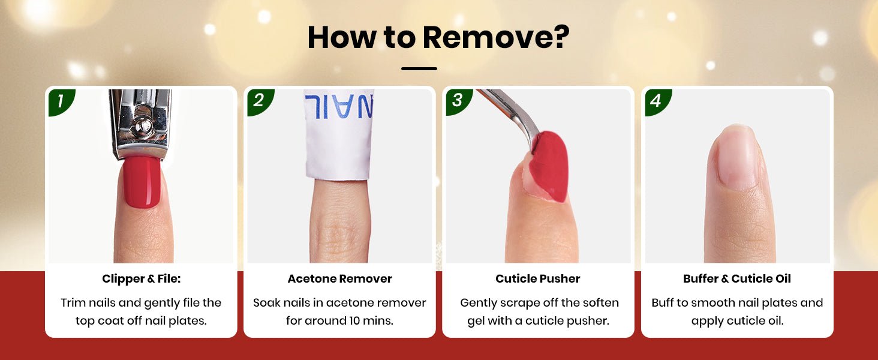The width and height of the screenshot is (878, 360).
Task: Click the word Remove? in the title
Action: click(496, 37)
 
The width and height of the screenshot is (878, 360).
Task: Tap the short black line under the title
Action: click(419, 68)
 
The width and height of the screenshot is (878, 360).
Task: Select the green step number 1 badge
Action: click(61, 101)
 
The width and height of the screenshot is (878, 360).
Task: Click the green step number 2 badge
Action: click(260, 101)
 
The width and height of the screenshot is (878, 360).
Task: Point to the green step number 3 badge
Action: click(458, 101)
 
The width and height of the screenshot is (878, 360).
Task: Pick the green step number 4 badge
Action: click(657, 101)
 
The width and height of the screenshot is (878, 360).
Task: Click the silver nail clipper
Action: click(141, 124)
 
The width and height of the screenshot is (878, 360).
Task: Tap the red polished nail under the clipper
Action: click(142, 181)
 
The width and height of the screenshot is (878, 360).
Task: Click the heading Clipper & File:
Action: click(141, 279)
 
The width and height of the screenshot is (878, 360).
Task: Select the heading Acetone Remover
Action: click(339, 279)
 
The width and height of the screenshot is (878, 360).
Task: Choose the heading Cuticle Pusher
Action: click(538, 279)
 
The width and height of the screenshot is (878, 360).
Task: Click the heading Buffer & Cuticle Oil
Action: click(737, 279)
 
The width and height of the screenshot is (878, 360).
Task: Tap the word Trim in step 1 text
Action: click(73, 303)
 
